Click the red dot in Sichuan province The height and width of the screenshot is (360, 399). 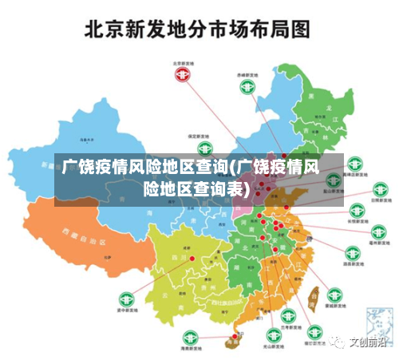pos(192,258)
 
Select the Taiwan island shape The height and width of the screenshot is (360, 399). pos(314,297)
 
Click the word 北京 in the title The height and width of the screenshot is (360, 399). pos(109,30)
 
